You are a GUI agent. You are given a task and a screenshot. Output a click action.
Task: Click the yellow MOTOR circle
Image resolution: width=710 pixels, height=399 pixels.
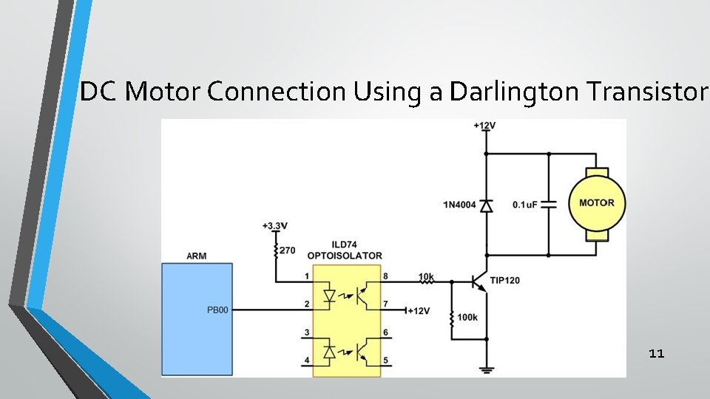click(596, 202)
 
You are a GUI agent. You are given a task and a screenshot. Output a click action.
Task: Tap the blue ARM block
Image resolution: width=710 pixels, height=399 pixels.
click(197, 318)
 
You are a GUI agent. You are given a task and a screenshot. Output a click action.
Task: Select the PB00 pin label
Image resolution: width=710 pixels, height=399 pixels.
click(217, 310)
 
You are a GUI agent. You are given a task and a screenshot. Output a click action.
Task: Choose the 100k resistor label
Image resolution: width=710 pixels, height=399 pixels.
click(467, 317)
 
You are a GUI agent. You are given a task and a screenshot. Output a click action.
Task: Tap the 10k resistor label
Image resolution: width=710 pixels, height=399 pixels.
click(427, 277)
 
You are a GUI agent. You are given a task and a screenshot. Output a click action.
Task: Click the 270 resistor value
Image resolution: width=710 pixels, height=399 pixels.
click(288, 251)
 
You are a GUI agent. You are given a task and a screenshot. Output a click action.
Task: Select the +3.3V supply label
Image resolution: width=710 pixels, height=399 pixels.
click(276, 225)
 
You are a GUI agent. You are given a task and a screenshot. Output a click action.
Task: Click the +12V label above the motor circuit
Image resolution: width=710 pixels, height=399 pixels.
click(485, 126)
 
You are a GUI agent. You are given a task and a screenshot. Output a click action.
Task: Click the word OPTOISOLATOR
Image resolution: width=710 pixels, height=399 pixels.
click(346, 256)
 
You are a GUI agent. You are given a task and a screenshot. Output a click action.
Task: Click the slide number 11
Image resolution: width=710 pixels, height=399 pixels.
click(656, 354)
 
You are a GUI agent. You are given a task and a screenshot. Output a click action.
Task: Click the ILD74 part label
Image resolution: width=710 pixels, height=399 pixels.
click(346, 245)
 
